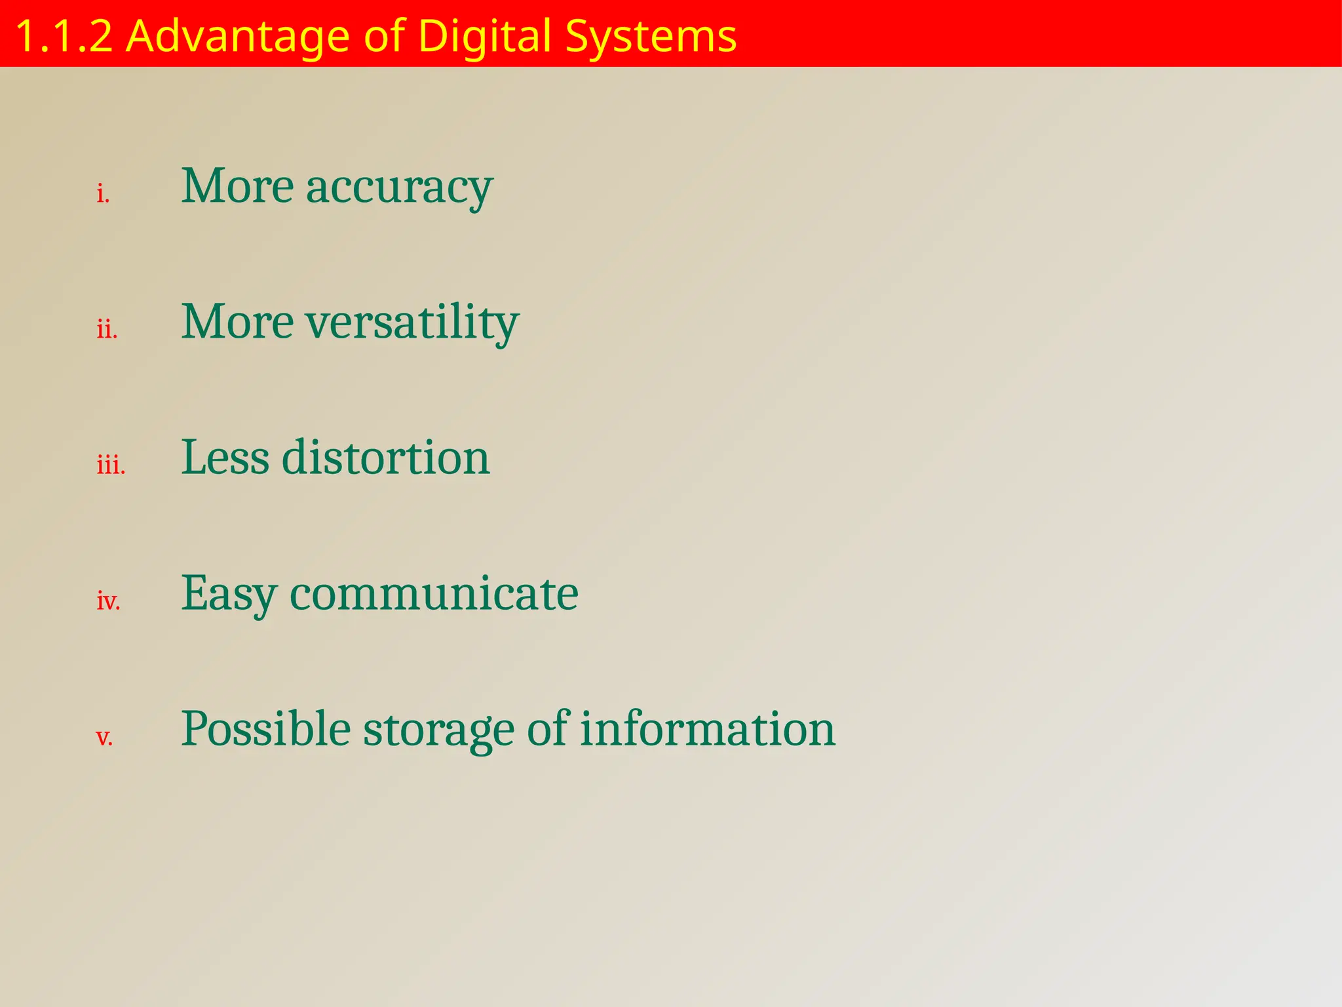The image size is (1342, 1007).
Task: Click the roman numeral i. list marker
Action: coord(103,194)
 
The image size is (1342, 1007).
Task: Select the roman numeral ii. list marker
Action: coord(107,329)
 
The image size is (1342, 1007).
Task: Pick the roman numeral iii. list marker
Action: coord(111,465)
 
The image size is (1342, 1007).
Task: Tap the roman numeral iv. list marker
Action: coord(108,601)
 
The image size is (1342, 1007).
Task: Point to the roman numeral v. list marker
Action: coord(104,737)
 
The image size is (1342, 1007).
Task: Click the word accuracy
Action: coord(399,188)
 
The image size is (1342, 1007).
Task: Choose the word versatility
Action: coord(412,323)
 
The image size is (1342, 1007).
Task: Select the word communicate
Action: coord(433,593)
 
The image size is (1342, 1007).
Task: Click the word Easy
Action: coord(229,594)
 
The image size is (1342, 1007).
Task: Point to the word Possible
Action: coord(265,728)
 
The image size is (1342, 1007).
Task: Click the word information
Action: coord(708,728)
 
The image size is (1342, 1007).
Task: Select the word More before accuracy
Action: coord(237,186)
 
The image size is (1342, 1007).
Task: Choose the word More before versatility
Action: coord(237,322)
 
